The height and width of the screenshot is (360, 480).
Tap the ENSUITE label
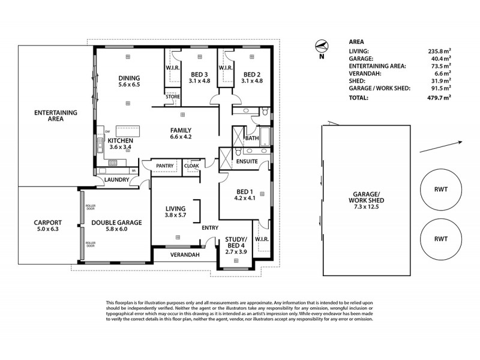(247, 161)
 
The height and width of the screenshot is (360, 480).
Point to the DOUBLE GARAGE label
(116, 222)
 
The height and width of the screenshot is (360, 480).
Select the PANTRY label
(164, 165)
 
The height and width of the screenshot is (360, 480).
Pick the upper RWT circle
(440, 188)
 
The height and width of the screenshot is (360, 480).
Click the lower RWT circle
(440, 238)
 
